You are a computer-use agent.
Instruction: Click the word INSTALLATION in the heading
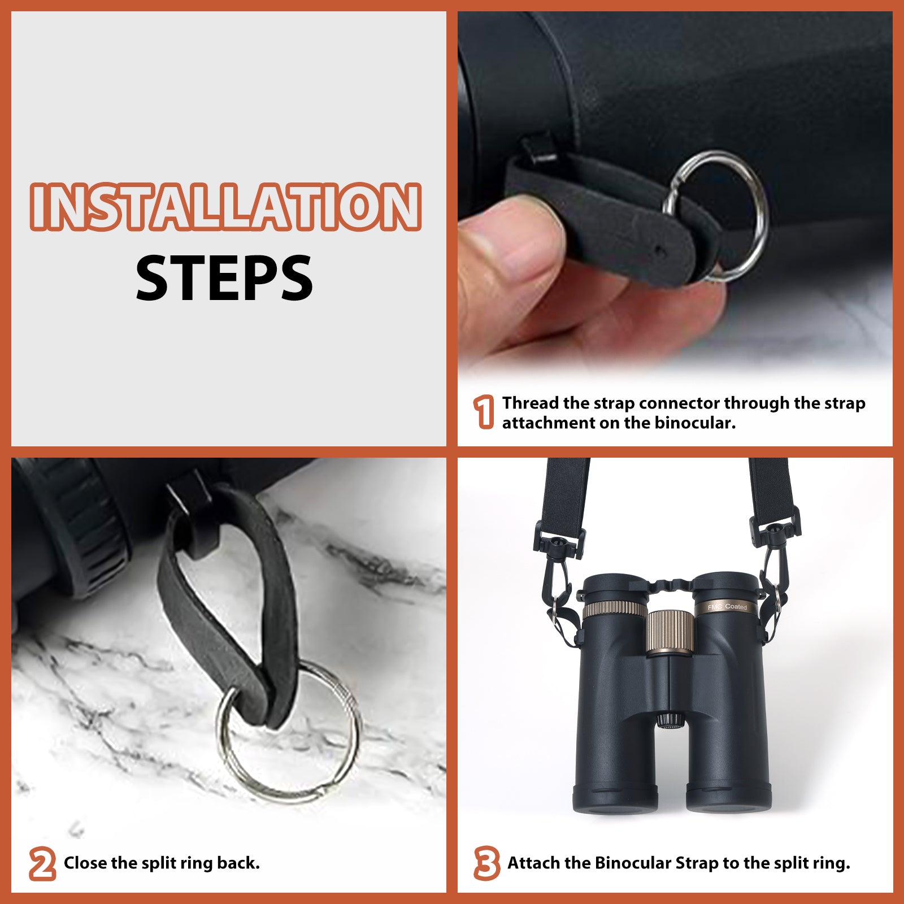225,207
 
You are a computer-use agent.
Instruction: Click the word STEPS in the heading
224,278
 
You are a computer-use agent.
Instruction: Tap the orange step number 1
483,412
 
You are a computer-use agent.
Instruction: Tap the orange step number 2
42,863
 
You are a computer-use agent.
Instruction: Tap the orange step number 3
486,863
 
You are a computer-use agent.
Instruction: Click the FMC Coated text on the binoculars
727,607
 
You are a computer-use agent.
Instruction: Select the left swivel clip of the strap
557,559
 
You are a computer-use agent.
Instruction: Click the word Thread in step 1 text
530,403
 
